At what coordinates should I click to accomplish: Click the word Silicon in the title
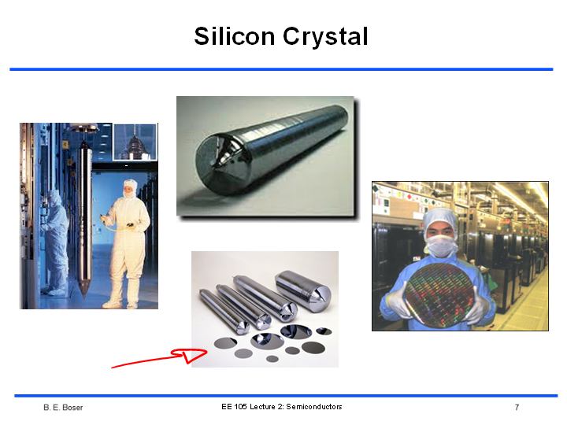pyautogui.click(x=235, y=36)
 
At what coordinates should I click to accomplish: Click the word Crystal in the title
pyautogui.click(x=325, y=37)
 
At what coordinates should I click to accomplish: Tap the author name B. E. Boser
pyautogui.click(x=63, y=408)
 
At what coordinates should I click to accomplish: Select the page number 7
pyautogui.click(x=517, y=408)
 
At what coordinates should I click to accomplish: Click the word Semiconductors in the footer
pyautogui.click(x=314, y=407)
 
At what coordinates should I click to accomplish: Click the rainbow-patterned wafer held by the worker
pyautogui.click(x=439, y=296)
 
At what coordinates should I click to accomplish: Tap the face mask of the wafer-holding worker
pyautogui.click(x=442, y=246)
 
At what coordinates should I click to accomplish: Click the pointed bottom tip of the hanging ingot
pyautogui.click(x=84, y=298)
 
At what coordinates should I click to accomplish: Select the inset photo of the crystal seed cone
pyautogui.click(x=135, y=142)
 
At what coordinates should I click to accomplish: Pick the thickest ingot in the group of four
pyautogui.click(x=304, y=288)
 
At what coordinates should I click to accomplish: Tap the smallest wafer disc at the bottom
pyautogui.click(x=272, y=359)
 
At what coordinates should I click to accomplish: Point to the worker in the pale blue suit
pyautogui.click(x=56, y=242)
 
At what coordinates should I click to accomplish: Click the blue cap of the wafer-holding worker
pyautogui.click(x=440, y=220)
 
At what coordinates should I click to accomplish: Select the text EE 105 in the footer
pyautogui.click(x=235, y=407)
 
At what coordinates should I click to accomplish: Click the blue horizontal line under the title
pyautogui.click(x=281, y=69)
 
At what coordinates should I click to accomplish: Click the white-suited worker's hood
pyautogui.click(x=130, y=188)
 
